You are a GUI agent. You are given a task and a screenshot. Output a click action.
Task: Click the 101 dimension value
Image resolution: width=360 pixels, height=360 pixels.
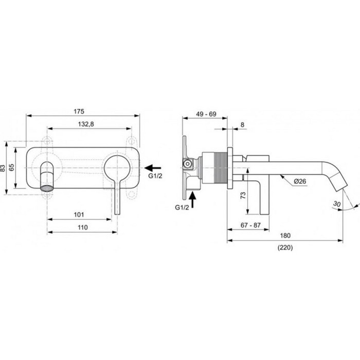click(x=79, y=214)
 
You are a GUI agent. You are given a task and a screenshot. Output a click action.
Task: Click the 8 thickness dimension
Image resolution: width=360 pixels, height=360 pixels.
click(x=242, y=124)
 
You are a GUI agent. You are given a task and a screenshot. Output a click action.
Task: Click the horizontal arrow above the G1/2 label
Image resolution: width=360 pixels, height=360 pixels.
click(x=153, y=167)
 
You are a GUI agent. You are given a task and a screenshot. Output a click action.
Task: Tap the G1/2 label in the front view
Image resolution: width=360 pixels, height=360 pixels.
click(x=155, y=177)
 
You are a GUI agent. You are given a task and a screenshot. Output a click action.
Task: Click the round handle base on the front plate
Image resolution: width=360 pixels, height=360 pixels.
click(x=119, y=168)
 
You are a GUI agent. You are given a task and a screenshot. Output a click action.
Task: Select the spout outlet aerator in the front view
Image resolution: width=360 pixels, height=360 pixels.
click(x=47, y=186)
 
